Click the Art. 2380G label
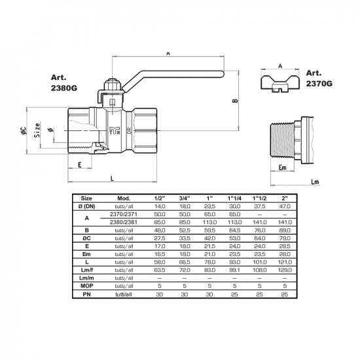coord(64,83)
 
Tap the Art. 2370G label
coord(319,79)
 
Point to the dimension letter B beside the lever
coord(235,101)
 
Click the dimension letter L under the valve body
coord(112,179)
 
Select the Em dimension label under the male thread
coord(282,168)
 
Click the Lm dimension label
coord(315,182)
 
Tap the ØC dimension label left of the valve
coord(23,131)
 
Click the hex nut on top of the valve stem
coord(113,85)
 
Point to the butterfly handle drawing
coord(280,84)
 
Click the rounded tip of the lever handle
coord(223,74)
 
